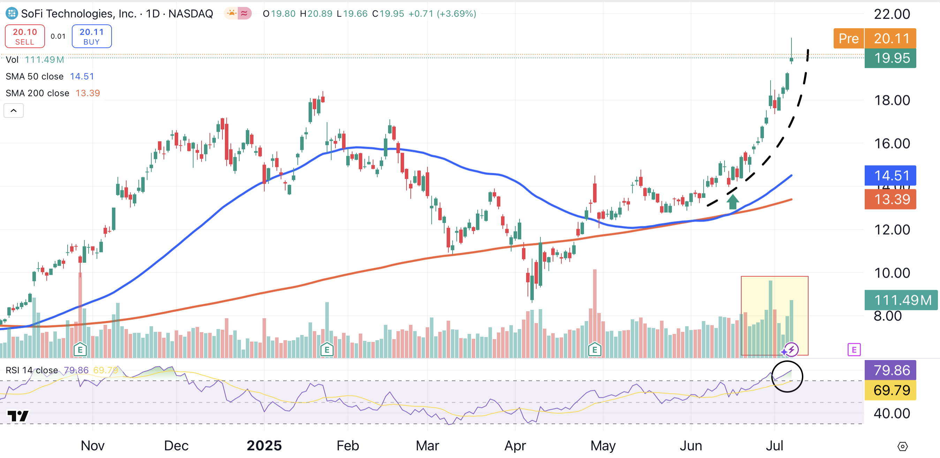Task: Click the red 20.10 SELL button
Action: (25, 36)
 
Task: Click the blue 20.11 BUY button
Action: (92, 36)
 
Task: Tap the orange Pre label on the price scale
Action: (848, 38)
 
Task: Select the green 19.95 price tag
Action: (890, 58)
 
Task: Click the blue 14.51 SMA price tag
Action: (890, 176)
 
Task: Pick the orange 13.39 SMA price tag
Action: (890, 199)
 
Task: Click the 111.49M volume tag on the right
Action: (901, 300)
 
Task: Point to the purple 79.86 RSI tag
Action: (890, 371)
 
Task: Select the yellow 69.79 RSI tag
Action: (890, 390)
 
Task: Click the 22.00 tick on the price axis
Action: (892, 14)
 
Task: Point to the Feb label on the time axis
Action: (347, 445)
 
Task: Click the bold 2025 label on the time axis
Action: (264, 445)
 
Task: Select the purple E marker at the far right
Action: (854, 350)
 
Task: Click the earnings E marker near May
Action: (595, 350)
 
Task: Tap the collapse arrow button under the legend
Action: (14, 110)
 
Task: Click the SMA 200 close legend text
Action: (37, 93)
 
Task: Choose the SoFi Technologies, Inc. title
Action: (79, 14)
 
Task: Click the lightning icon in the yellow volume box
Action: (791, 350)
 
